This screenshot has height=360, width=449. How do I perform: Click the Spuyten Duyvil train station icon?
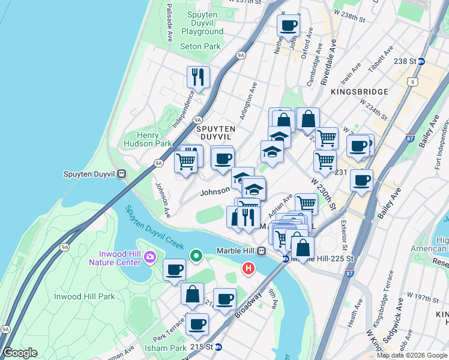click(121, 175)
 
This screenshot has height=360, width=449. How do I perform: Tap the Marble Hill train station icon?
click(261, 251)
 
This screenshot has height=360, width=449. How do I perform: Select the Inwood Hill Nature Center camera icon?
click(149, 258)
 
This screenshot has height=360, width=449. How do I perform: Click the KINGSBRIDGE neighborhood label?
click(360, 91)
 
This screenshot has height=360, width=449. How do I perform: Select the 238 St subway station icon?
click(421, 61)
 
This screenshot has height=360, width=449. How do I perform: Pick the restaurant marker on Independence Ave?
click(198, 77)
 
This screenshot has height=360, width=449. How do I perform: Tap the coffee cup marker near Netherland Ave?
click(288, 26)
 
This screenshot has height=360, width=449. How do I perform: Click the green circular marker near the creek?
click(196, 256)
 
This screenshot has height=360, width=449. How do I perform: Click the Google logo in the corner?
click(20, 353)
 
